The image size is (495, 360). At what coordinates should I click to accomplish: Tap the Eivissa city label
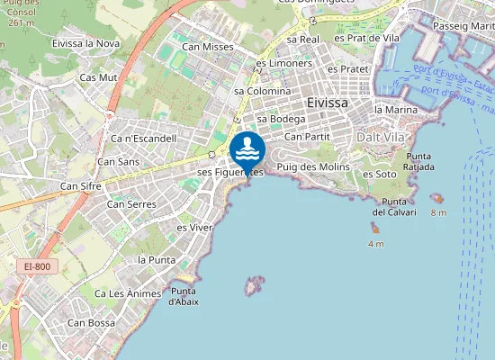pos(327,103)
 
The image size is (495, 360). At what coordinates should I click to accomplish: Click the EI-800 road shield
pos(39,267)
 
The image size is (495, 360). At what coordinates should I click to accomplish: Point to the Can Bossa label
pos(90,322)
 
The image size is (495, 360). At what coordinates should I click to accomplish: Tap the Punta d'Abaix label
pos(184,296)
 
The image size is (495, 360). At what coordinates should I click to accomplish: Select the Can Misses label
pos(207,47)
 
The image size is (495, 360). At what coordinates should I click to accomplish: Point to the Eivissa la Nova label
pos(86,42)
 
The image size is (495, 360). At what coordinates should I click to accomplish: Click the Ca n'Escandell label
pos(143,139)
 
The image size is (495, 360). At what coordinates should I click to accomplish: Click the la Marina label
pos(396,110)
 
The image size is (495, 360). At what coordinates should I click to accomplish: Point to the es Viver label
pos(193,228)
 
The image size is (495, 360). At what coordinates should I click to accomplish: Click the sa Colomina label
pos(262,91)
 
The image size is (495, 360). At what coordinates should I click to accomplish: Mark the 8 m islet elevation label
pos(438,212)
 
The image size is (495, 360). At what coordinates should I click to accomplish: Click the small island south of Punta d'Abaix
pos(254,286)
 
